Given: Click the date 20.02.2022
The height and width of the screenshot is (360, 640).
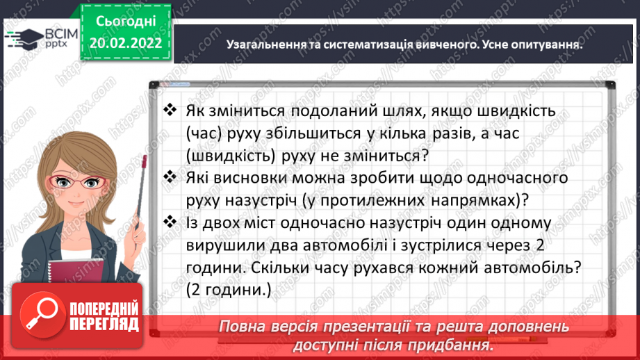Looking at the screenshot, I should point(126,43).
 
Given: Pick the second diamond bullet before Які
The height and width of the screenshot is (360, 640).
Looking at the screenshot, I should point(170,179).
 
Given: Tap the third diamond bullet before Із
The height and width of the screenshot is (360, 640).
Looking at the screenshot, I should point(170,223).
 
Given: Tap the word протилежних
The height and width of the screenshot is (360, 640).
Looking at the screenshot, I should point(383,200).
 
